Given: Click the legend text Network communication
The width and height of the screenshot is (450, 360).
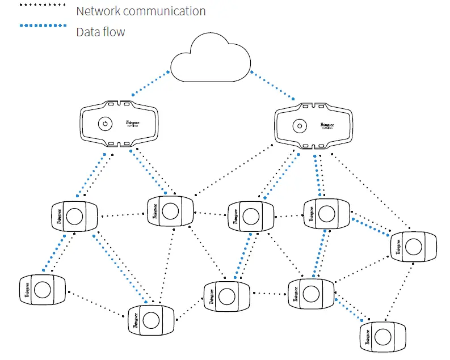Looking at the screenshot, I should (x=141, y=10).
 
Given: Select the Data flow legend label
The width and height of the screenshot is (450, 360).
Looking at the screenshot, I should (x=100, y=32).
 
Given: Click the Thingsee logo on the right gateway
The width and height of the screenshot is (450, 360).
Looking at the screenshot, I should (x=327, y=126).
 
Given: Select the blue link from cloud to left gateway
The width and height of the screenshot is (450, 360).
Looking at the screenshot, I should (x=150, y=83).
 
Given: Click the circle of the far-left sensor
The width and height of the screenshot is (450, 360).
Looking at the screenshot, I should (x=41, y=290).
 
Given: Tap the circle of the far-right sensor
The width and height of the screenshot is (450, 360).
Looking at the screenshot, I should (x=414, y=247).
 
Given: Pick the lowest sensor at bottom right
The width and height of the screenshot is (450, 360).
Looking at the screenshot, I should (x=384, y=335).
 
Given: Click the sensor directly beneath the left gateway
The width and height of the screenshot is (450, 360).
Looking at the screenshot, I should (x=74, y=216).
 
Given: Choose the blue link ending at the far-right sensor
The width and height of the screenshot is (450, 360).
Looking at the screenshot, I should (x=372, y=225).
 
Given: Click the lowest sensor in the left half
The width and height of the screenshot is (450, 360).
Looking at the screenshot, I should (x=150, y=320).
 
